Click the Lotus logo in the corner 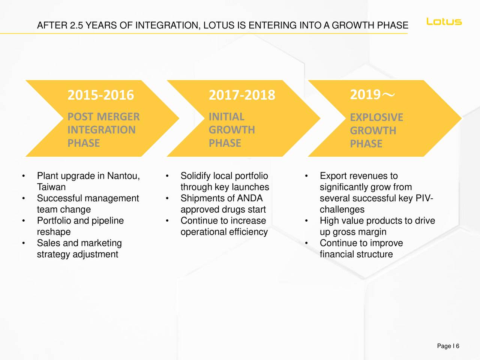coord(444,22)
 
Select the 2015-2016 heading coord(100,95)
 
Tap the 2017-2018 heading coord(242,95)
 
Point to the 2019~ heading coord(372,95)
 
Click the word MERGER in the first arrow coord(118,117)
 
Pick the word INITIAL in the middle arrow coord(226,117)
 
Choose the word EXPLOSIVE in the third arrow coord(376,117)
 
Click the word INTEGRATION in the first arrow coord(101,130)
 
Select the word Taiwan coord(51,187)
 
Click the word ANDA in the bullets coord(250,198)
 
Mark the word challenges coord(342,210)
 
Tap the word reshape coord(54,232)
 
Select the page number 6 coord(458,346)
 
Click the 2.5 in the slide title coord(76,25)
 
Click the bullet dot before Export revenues coord(306,176)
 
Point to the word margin coord(372,232)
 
